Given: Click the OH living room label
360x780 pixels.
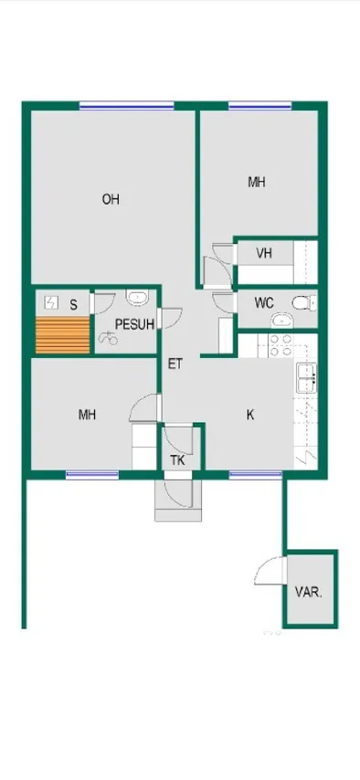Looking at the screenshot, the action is point(111,199).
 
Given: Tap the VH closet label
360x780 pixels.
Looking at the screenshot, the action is point(264,253).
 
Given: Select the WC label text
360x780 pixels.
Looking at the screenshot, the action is point(264,303).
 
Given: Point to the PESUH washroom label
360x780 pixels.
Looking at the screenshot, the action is point(134,324).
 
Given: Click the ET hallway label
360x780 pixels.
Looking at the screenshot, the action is point(175,364).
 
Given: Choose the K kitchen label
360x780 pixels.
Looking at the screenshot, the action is point(250,415).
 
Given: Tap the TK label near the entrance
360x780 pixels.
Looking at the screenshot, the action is point(178,460).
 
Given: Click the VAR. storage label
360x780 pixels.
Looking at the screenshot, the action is point(309,593).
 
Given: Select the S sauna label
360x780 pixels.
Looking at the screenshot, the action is point(74,304).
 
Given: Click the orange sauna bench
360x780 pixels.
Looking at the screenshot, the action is point(63,335).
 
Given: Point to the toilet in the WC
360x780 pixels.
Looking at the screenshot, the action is point(304,302).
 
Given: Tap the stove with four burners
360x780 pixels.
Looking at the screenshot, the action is point(281,345).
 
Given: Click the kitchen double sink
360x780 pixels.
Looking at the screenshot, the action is point(307,378).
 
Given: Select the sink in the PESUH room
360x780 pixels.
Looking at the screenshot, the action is point(137,297).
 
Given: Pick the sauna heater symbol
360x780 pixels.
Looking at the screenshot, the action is point(52,301).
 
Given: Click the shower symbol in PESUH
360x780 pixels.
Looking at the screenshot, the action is point(109,339).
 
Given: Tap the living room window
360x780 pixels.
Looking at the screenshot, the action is point(127,105).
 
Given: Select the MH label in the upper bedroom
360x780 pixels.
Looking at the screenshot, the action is point(257,183).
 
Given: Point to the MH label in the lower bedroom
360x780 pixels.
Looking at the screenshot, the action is point(87,415).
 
